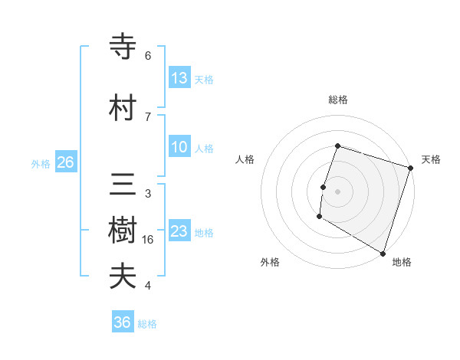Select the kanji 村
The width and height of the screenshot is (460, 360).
pyautogui.click(x=123, y=108)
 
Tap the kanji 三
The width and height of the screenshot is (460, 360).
pyautogui.click(x=123, y=187)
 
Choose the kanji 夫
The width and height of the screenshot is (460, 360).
pyautogui.click(x=123, y=277)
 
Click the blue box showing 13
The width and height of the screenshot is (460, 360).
pyautogui.click(x=179, y=78)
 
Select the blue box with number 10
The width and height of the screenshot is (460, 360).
pyautogui.click(x=179, y=148)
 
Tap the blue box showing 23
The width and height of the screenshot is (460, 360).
pyautogui.click(x=179, y=232)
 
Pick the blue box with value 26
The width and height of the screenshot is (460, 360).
pyautogui.click(x=65, y=162)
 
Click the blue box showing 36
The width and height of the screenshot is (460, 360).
pyautogui.click(x=123, y=323)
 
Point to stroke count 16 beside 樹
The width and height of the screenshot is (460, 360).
pyautogui.click(x=149, y=239)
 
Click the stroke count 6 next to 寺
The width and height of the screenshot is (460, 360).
pyautogui.click(x=147, y=56)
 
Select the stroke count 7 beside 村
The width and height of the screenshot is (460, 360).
pyautogui.click(x=147, y=116)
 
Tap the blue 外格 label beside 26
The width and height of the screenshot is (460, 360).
pyautogui.click(x=41, y=163)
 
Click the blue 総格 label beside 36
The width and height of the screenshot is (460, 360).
pyautogui.click(x=147, y=324)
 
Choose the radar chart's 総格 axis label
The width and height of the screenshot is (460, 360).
pyautogui.click(x=337, y=100)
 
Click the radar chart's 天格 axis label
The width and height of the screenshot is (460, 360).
pyautogui.click(x=431, y=159)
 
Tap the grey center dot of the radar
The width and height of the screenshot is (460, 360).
pyautogui.click(x=337, y=191)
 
